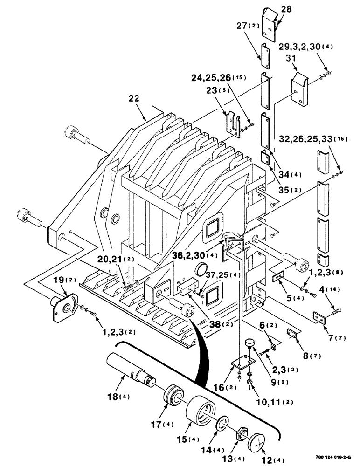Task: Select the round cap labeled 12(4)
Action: [x=257, y=440]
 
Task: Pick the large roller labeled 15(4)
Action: [x=201, y=412]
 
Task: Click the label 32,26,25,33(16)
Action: [x=319, y=139]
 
